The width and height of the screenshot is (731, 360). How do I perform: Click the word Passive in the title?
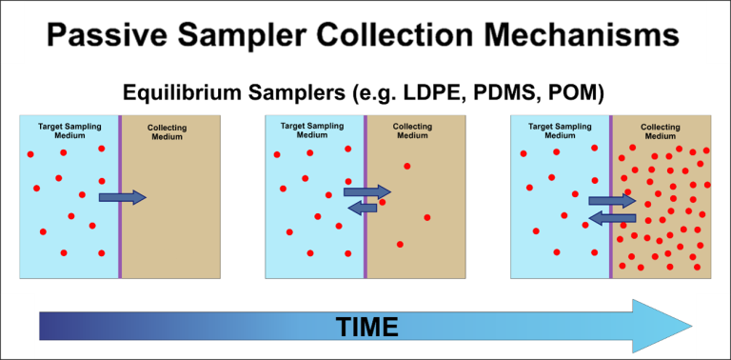tap(104, 35)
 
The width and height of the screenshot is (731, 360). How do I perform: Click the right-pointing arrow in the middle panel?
tap(366, 191)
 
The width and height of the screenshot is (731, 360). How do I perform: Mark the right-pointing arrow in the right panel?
tap(612, 201)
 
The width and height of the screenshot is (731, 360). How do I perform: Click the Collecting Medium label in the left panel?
tap(168, 131)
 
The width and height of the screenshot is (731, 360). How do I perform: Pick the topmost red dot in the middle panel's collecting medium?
tap(407, 167)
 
